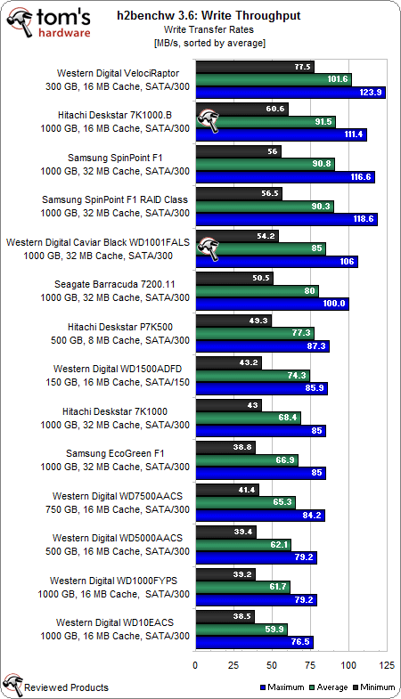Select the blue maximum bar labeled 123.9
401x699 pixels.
[290, 92]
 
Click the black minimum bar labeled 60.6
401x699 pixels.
[241, 109]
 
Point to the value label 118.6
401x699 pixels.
[364, 219]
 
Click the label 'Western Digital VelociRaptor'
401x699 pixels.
[123, 73]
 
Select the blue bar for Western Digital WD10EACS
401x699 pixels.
[253, 642]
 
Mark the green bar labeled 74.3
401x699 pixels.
[252, 375]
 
